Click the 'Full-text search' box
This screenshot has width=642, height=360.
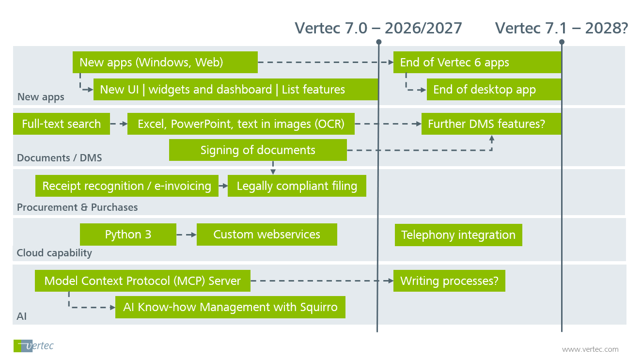pyautogui.click(x=62, y=124)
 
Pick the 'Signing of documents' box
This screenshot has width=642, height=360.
pyautogui.click(x=258, y=150)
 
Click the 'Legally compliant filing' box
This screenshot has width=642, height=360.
pyautogui.click(x=297, y=186)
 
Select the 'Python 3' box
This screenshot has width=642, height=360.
pyautogui.click(x=128, y=235)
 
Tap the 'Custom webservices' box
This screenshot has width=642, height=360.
pyautogui.click(x=266, y=235)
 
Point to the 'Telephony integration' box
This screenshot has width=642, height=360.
pyautogui.click(x=458, y=235)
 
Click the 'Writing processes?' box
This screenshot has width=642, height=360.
pyautogui.click(x=449, y=281)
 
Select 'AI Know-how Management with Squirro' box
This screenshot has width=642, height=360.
pyautogui.click(x=230, y=307)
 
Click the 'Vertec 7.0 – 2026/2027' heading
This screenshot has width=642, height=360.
pyautogui.click(x=378, y=28)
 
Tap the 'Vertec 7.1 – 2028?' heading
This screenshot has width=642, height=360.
pyautogui.click(x=562, y=28)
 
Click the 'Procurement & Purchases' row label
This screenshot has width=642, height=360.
pyautogui.click(x=78, y=207)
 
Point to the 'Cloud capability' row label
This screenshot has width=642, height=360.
pyautogui.click(x=54, y=253)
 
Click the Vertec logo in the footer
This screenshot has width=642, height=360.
pyautogui.click(x=33, y=346)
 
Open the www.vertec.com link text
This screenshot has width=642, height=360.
pyautogui.click(x=590, y=349)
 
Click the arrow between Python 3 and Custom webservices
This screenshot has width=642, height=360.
pyautogui.click(x=187, y=235)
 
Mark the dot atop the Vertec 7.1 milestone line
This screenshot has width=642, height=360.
pyautogui.click(x=562, y=42)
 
